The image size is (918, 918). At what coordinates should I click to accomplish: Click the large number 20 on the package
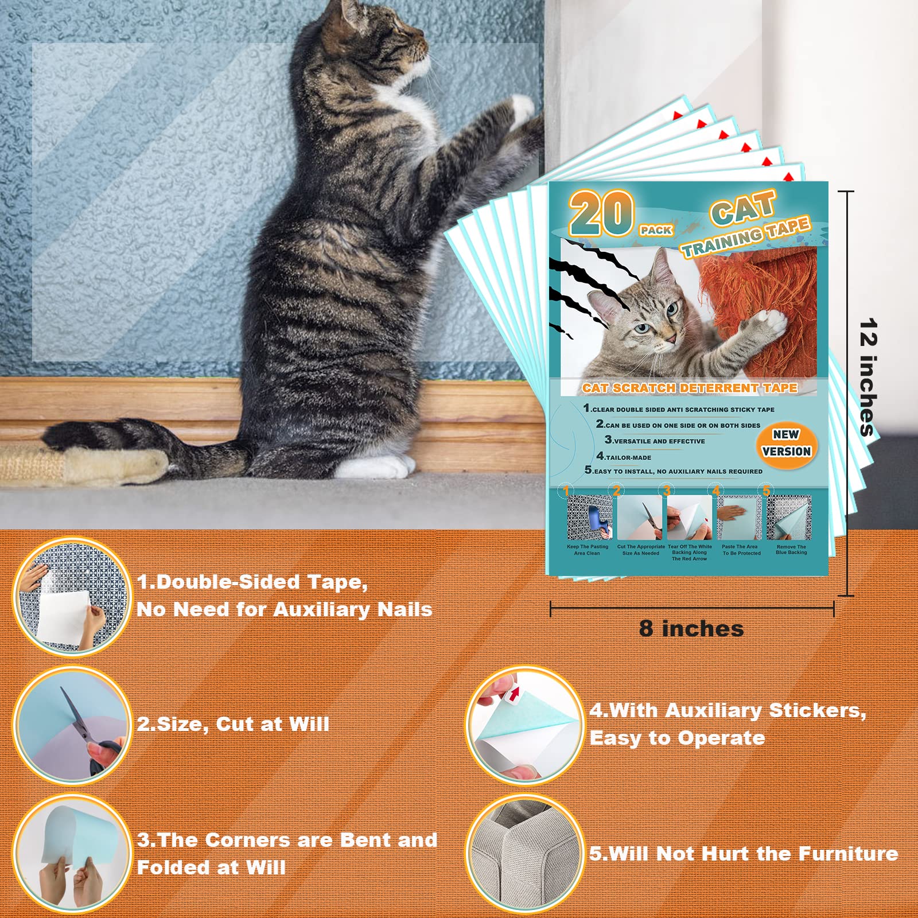click(x=601, y=213)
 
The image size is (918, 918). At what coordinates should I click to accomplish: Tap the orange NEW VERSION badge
click(x=786, y=443)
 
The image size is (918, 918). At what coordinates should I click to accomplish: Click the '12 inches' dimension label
click(x=868, y=377)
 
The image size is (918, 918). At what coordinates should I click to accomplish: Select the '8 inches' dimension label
click(x=691, y=629)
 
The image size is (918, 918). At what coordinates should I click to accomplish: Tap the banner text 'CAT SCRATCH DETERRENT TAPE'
click(x=690, y=388)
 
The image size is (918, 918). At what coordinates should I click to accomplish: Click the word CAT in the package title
click(x=743, y=208)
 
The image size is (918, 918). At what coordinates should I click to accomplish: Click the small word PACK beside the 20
click(x=656, y=230)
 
